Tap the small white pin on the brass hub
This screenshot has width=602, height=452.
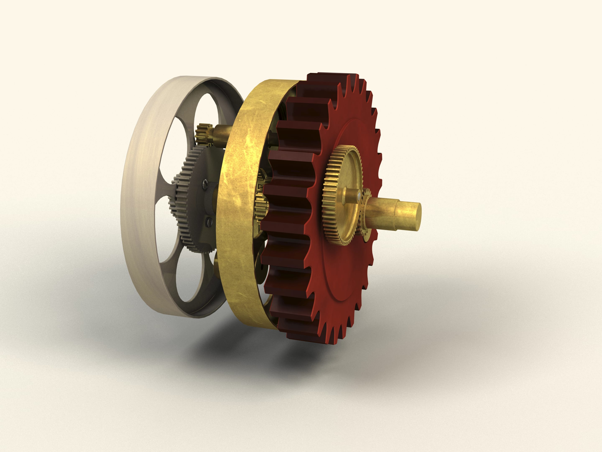(x=359, y=195)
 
